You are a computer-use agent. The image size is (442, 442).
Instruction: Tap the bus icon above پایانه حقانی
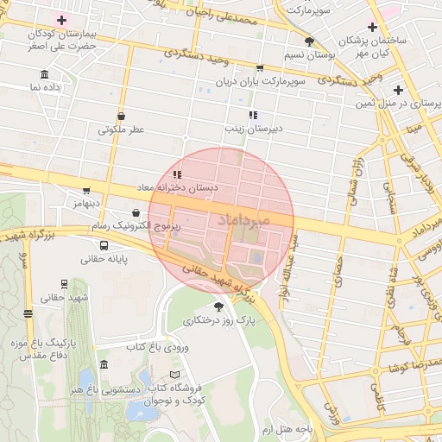pos(104,244)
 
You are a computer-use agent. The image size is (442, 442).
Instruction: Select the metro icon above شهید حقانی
pos(65,284)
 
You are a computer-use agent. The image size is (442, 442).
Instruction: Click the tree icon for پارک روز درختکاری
pos(219,306)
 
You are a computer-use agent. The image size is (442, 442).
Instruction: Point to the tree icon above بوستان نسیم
pos(309,41)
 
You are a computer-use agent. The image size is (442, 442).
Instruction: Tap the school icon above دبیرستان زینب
pos(253,115)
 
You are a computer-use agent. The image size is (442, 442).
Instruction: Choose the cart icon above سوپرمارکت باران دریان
pos(260,66)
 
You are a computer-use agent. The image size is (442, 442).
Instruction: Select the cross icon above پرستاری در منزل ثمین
pos(397,90)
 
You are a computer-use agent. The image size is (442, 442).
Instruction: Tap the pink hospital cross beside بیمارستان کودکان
pos(61,19)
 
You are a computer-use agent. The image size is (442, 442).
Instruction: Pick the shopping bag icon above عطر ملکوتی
pos(120,116)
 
